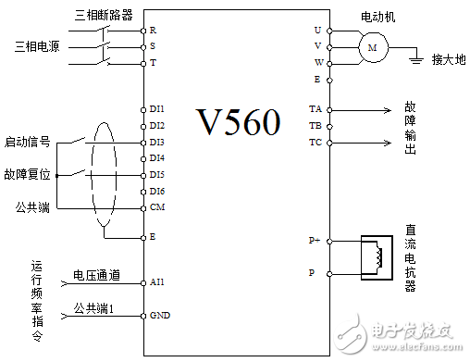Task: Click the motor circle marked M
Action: tap(374, 46)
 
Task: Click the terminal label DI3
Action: tap(157, 142)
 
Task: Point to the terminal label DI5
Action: tap(157, 174)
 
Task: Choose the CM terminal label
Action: tap(156, 206)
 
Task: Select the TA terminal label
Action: tap(315, 109)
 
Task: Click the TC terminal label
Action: tap(315, 143)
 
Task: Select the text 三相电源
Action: tap(38, 46)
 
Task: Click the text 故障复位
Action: tap(27, 174)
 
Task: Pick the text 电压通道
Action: tap(96, 275)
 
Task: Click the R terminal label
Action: tap(153, 30)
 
